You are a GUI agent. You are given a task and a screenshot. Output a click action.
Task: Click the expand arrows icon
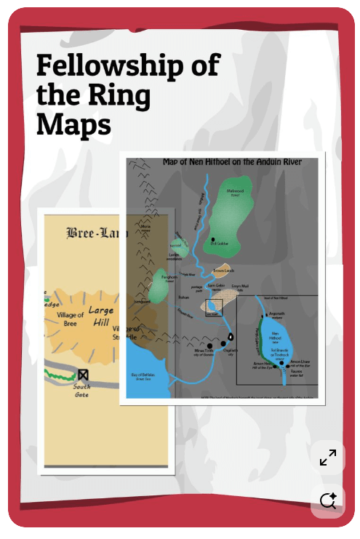click(x=328, y=458)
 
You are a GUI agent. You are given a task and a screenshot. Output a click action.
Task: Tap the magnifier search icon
click(x=328, y=500)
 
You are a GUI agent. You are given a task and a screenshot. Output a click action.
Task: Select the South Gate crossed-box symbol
click(x=83, y=375)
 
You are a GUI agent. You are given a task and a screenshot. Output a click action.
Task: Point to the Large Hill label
click(x=101, y=317)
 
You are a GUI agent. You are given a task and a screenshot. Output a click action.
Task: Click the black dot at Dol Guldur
click(x=213, y=239)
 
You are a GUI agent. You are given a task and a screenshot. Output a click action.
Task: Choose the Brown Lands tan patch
click(x=223, y=271)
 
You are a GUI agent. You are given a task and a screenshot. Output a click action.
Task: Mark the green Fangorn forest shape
click(x=165, y=284)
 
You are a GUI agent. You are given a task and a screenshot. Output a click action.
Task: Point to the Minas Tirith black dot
click(x=209, y=346)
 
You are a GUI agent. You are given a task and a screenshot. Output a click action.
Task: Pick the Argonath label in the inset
click(x=276, y=314)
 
